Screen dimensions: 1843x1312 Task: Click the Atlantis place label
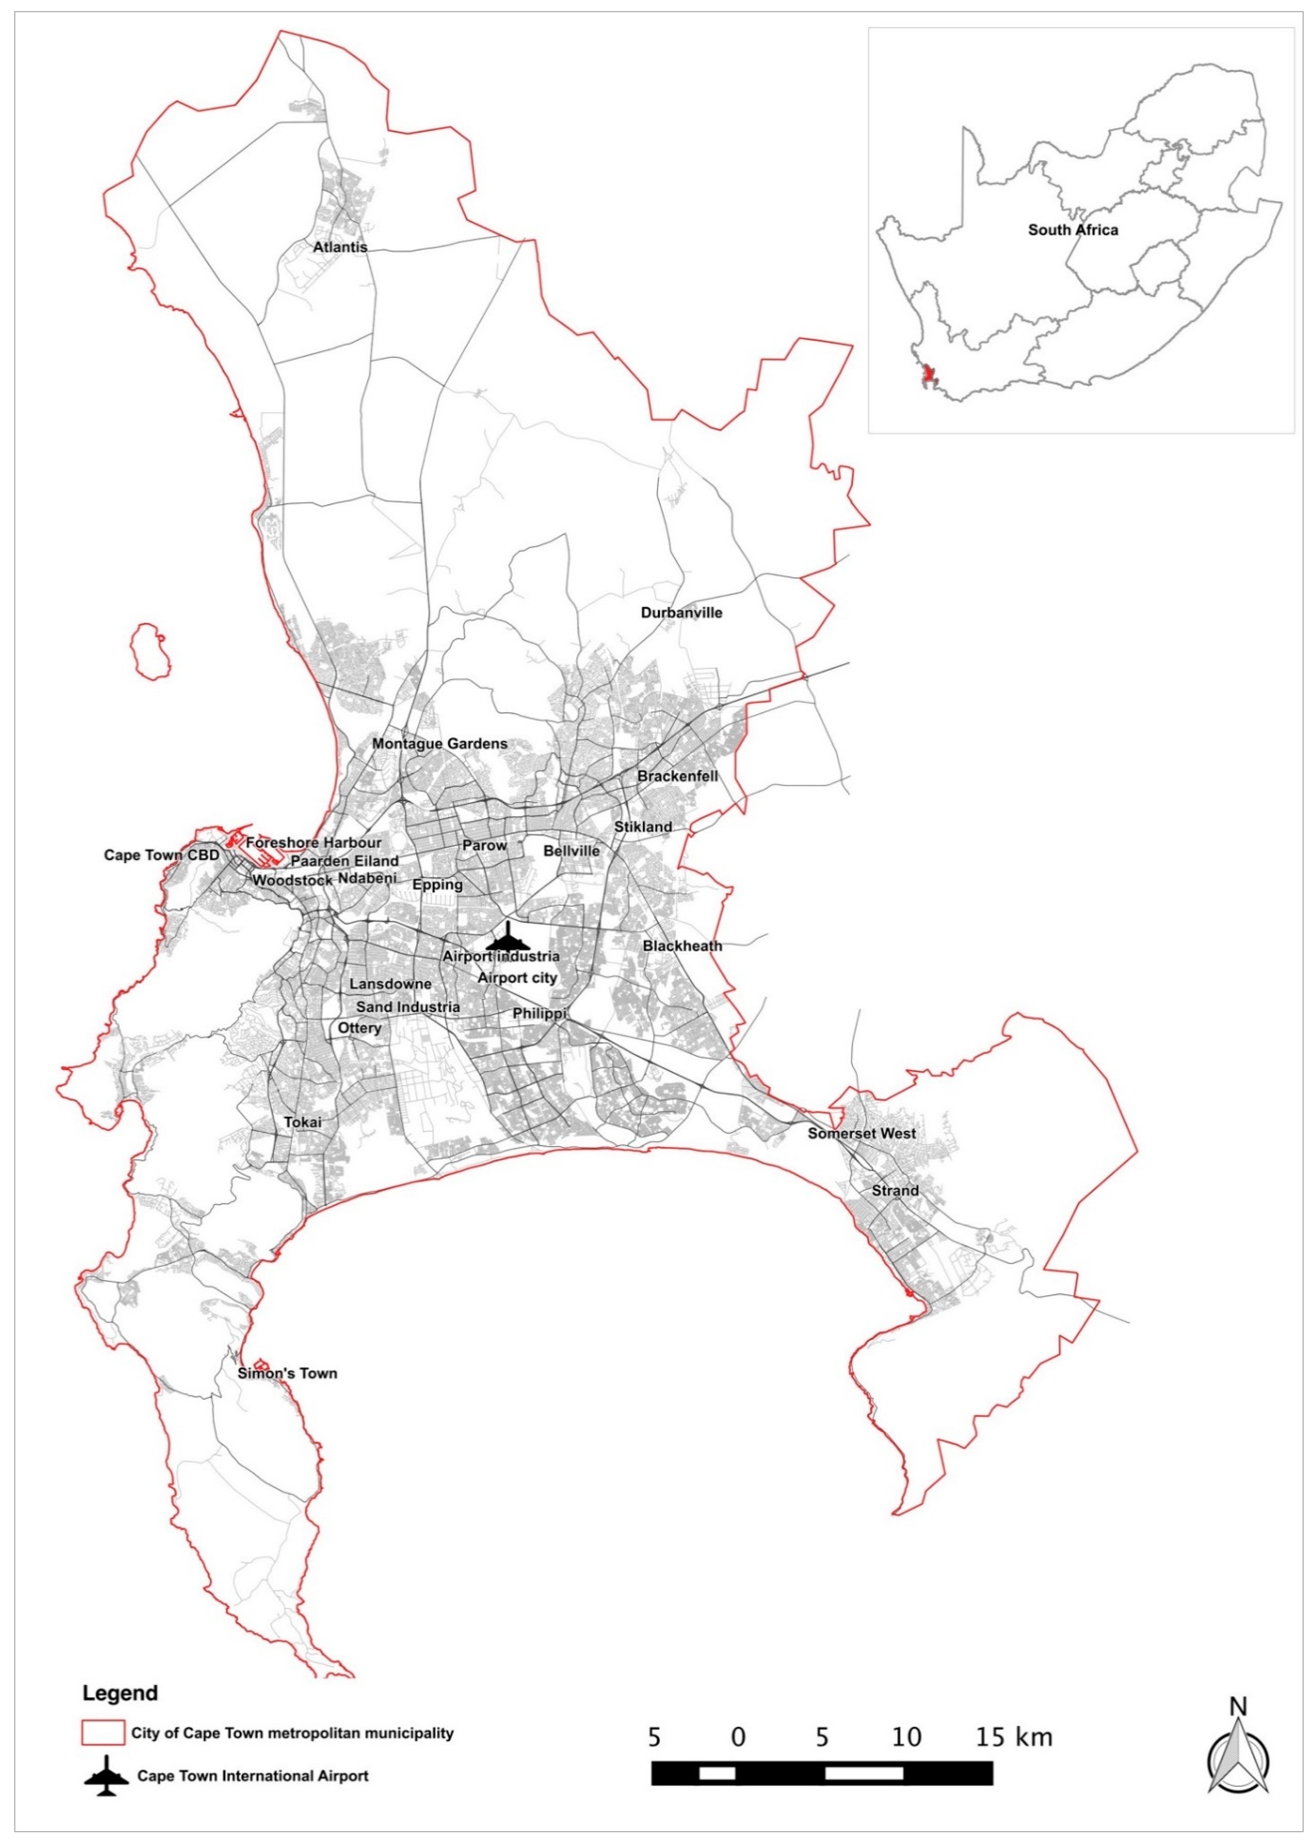point(340,247)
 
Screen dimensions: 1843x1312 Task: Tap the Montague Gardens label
point(440,744)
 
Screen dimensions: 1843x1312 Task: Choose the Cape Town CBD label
point(161,855)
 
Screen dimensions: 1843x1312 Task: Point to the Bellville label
point(571,851)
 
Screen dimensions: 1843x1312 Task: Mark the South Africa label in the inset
point(1073,230)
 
